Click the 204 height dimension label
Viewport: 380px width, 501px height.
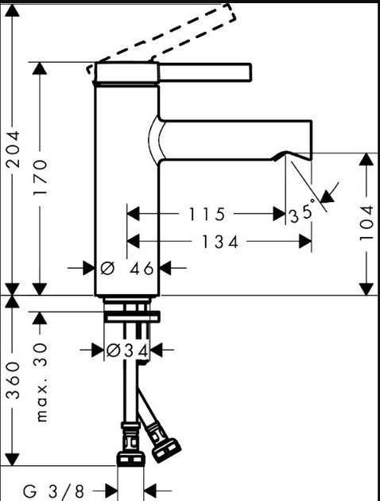coord(14,149)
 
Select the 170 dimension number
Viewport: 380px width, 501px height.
coord(41,177)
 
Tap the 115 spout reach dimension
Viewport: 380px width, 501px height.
coord(207,214)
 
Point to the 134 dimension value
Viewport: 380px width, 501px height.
coord(219,242)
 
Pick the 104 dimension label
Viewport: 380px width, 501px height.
coord(366,223)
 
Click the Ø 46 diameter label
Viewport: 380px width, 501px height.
coord(127,269)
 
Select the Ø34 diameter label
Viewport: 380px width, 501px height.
coord(127,351)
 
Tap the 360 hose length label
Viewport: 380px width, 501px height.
coord(14,381)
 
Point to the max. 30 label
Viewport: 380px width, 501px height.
coord(41,383)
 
